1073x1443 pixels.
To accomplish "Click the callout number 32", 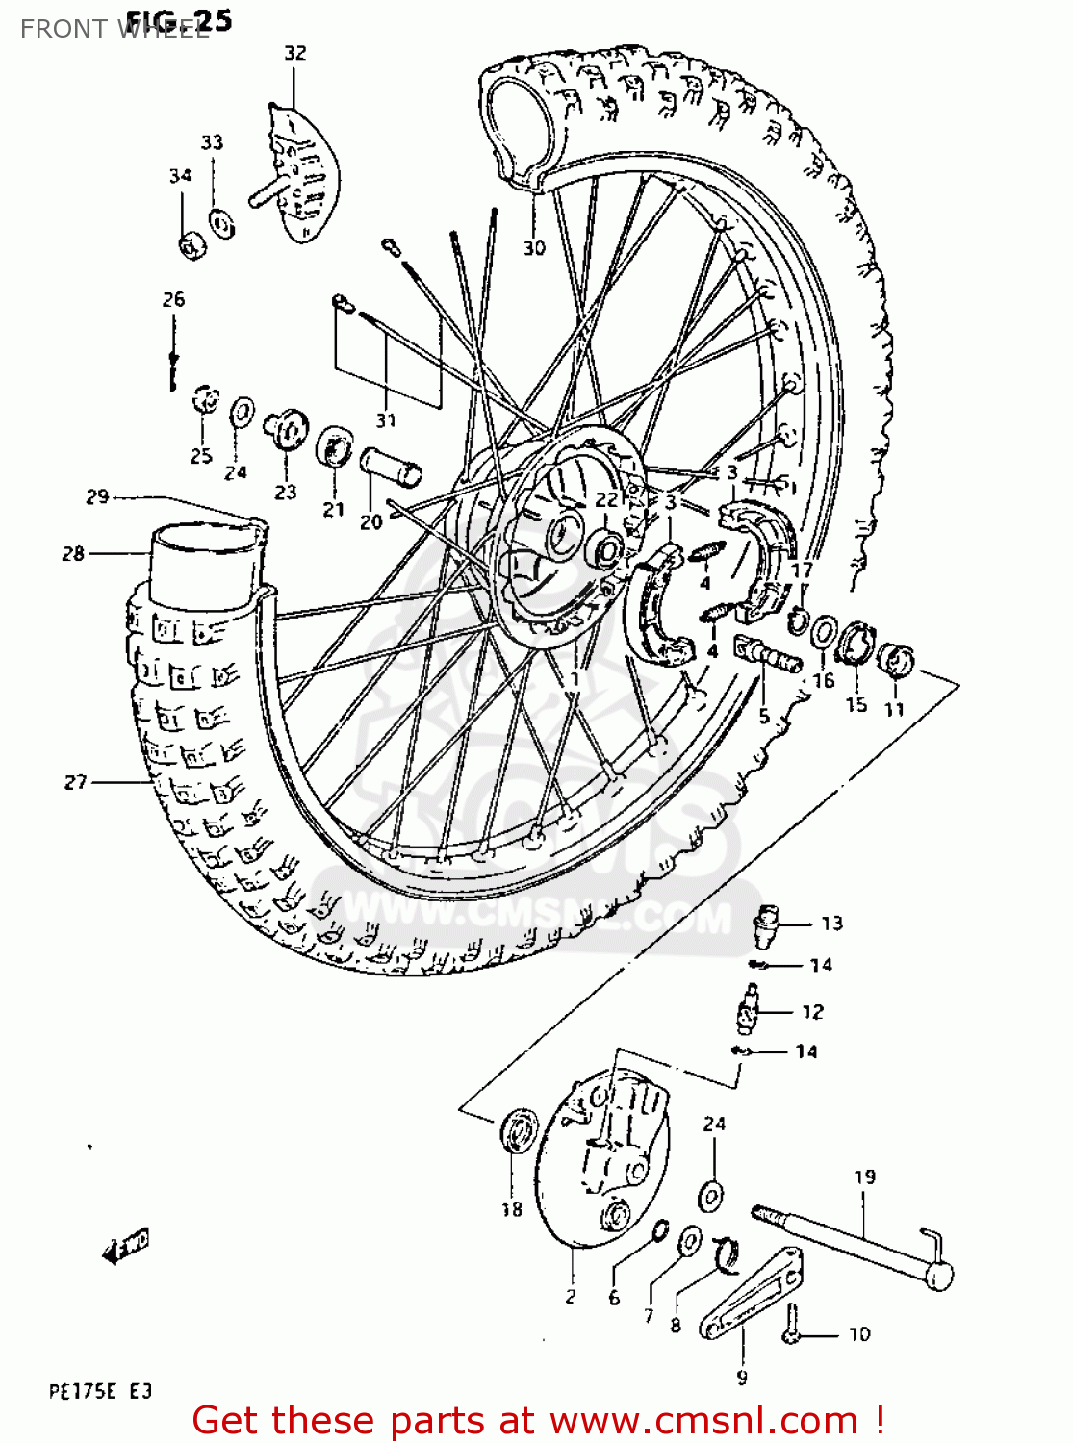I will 294,53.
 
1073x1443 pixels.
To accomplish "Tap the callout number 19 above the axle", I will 864,1177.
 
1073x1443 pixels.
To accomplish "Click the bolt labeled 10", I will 793,1326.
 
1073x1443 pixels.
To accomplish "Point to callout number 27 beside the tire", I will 76,782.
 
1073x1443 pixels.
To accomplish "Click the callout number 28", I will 73,553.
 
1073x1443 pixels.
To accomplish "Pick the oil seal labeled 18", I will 519,1129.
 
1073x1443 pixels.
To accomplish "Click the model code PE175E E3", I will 100,1391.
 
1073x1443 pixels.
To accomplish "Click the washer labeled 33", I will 221,225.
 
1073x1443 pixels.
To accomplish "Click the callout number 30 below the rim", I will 534,248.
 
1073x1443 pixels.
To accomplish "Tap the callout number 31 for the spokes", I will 386,420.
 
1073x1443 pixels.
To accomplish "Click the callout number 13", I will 831,924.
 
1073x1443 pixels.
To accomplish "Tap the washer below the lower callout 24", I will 711,1197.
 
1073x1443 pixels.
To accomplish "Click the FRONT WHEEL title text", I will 114,29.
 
